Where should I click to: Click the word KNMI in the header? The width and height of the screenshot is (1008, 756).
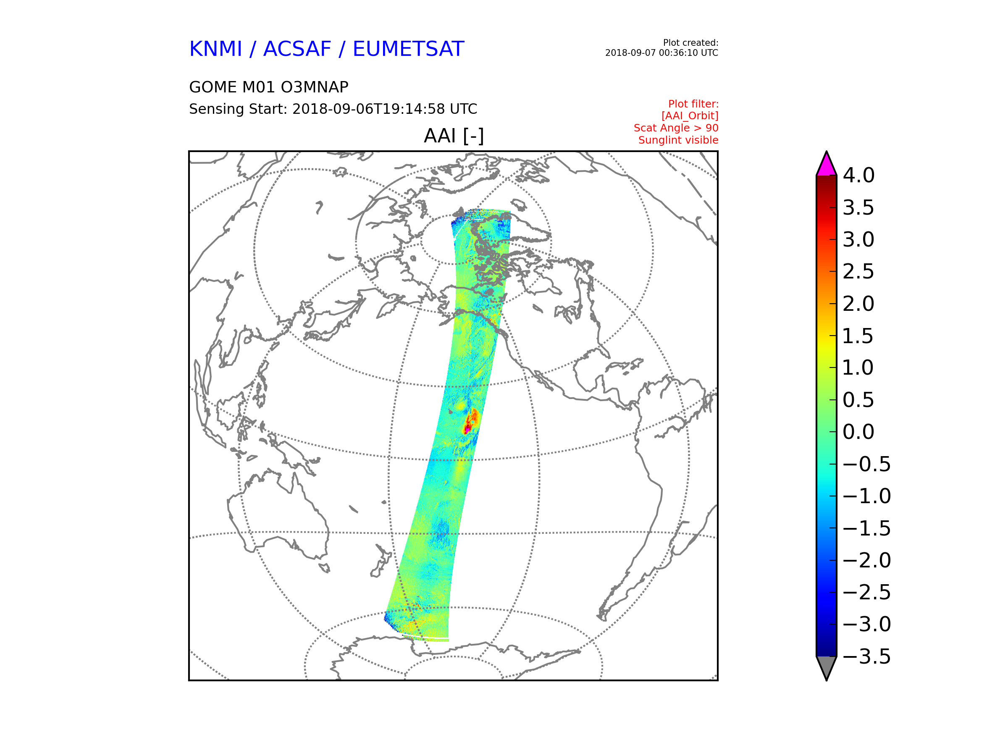215,49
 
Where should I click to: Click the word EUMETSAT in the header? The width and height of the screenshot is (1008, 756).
408,49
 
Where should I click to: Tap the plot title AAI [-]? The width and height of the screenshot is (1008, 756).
454,136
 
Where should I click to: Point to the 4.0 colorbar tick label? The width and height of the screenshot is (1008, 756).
858,176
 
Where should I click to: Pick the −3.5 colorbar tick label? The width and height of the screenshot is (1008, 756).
867,656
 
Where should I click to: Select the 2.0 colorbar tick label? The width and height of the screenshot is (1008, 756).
858,304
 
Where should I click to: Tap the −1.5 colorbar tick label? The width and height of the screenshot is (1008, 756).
867,529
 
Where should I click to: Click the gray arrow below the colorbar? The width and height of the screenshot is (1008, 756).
826,668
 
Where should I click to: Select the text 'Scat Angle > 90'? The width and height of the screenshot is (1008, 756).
676,128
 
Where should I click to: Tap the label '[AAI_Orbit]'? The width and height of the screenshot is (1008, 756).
690,116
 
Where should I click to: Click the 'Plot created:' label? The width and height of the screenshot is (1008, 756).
690,43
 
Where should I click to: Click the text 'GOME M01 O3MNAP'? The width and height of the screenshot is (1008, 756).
269,87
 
